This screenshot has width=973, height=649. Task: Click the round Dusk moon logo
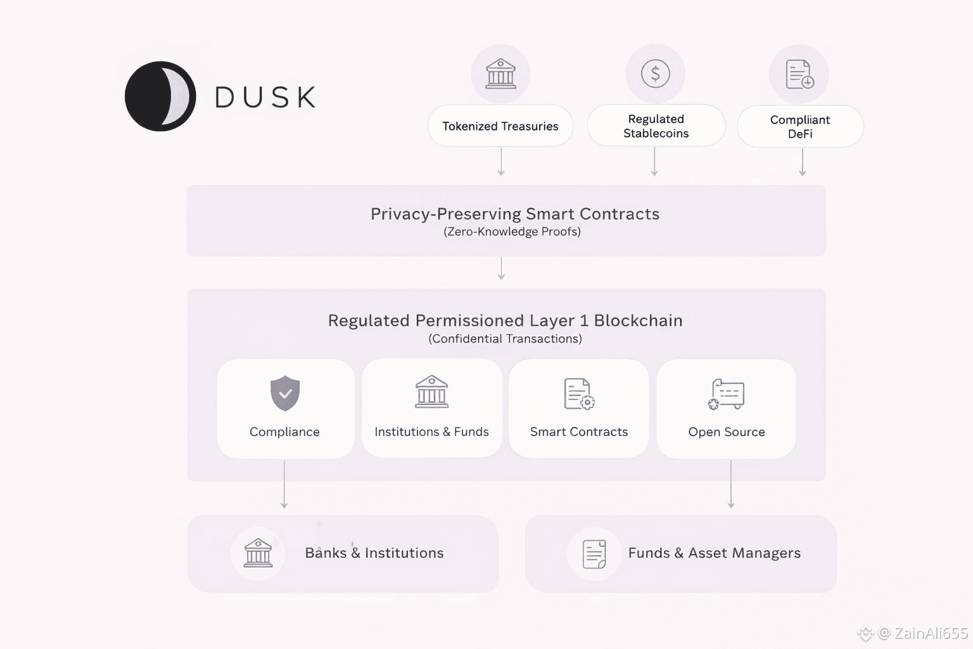pyautogui.click(x=160, y=96)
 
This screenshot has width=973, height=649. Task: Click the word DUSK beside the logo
pyautogui.click(x=265, y=98)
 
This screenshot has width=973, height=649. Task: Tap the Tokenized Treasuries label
pyautogui.click(x=500, y=126)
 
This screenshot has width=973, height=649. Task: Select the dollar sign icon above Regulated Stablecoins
pyautogui.click(x=655, y=74)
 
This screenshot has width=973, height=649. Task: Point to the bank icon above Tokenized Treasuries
pyautogui.click(x=500, y=74)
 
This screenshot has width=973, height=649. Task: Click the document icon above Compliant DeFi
pyautogui.click(x=799, y=74)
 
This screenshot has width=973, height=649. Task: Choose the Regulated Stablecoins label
pyautogui.click(x=656, y=126)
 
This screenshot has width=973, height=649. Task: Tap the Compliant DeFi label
pyautogui.click(x=800, y=127)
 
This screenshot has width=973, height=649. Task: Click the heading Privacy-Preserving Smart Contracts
pyautogui.click(x=514, y=214)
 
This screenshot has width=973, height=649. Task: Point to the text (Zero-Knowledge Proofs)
pyautogui.click(x=512, y=232)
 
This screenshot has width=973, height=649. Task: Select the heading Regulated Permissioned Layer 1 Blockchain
pyautogui.click(x=505, y=321)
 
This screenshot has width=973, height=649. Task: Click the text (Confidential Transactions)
pyautogui.click(x=505, y=339)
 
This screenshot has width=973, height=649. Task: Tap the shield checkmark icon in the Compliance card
pyautogui.click(x=285, y=393)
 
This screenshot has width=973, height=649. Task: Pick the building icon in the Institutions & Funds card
pyautogui.click(x=431, y=392)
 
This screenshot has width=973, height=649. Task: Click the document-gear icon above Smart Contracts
pyautogui.click(x=579, y=394)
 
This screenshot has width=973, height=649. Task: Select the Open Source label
pyautogui.click(x=727, y=432)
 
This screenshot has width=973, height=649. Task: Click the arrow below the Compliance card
pyautogui.click(x=284, y=485)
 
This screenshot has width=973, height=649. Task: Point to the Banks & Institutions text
pyautogui.click(x=374, y=553)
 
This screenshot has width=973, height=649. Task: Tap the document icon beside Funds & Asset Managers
pyautogui.click(x=594, y=554)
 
